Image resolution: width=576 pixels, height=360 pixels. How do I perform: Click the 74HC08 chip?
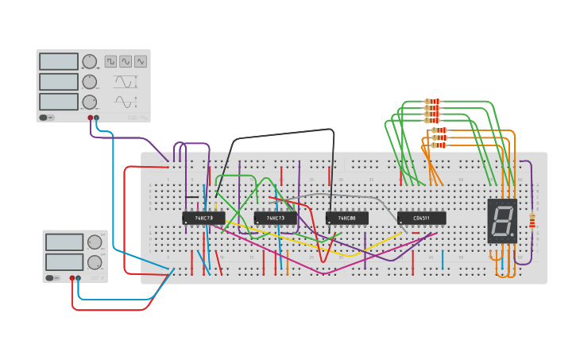pyautogui.click(x=346, y=218)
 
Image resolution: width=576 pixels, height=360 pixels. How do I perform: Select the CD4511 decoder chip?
pyautogui.click(x=421, y=218)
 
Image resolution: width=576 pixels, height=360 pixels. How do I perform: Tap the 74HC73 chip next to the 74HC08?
pyautogui.click(x=275, y=218)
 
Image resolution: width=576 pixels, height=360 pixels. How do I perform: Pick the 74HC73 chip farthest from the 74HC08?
pyautogui.click(x=203, y=218)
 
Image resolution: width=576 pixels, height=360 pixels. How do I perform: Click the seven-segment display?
pyautogui.click(x=502, y=221)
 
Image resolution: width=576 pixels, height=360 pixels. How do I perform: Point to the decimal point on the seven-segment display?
pyautogui.click(x=512, y=234)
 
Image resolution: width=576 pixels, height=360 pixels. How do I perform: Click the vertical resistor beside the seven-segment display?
pyautogui.click(x=532, y=221)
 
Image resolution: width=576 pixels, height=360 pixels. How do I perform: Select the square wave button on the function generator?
pyautogui.click(x=110, y=61)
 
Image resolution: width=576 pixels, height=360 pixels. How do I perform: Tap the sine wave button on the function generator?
pyautogui.click(x=126, y=61)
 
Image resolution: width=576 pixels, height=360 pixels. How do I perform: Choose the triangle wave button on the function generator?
pyautogui.click(x=141, y=61)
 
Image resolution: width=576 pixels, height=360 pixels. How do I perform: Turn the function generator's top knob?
pyautogui.click(x=90, y=62)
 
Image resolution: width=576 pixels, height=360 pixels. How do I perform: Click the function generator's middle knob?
pyautogui.click(x=90, y=82)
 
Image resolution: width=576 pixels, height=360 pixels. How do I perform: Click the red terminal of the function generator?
pyautogui.click(x=91, y=118)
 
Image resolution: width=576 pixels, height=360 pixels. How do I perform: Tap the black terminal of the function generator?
pyautogui.click(x=97, y=118)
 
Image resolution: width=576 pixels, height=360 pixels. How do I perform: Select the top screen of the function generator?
pyautogui.click(x=59, y=62)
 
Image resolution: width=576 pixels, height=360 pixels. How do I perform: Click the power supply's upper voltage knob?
pyautogui.click(x=95, y=242)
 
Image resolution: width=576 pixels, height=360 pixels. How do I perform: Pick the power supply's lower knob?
pyautogui.click(x=95, y=262)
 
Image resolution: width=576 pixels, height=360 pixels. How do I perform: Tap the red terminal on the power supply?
pyautogui.click(x=72, y=278)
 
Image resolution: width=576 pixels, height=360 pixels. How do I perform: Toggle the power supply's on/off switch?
pyautogui.click(x=51, y=277)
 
